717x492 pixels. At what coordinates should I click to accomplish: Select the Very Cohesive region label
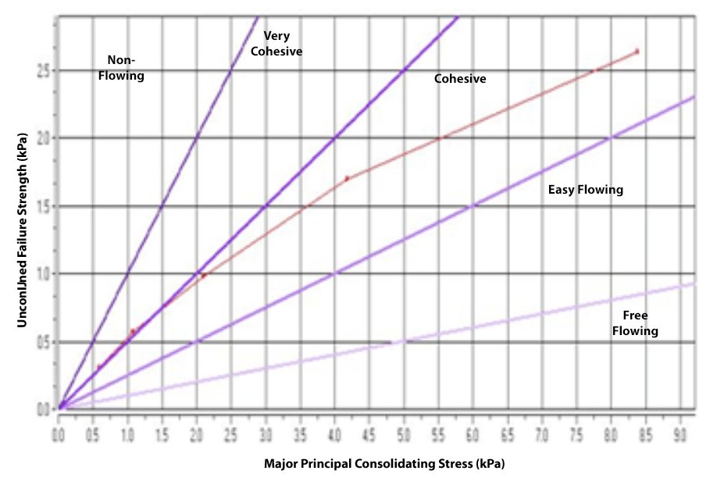pyautogui.click(x=282, y=44)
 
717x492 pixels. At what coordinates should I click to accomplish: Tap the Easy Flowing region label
pyautogui.click(x=585, y=190)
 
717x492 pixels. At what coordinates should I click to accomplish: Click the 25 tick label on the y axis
pyautogui.click(x=45, y=71)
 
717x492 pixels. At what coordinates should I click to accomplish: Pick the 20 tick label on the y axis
pyautogui.click(x=45, y=138)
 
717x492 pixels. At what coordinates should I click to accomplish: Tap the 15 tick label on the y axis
pyautogui.click(x=45, y=206)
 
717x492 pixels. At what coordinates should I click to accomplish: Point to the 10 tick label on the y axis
pyautogui.click(x=45, y=273)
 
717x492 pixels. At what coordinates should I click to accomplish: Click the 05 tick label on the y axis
pyautogui.click(x=45, y=341)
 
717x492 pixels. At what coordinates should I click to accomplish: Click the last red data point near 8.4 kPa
pyautogui.click(x=637, y=52)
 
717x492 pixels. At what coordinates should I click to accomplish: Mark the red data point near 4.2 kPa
pyautogui.click(x=347, y=179)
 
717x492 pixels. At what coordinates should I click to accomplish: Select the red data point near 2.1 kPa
pyautogui.click(x=203, y=276)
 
